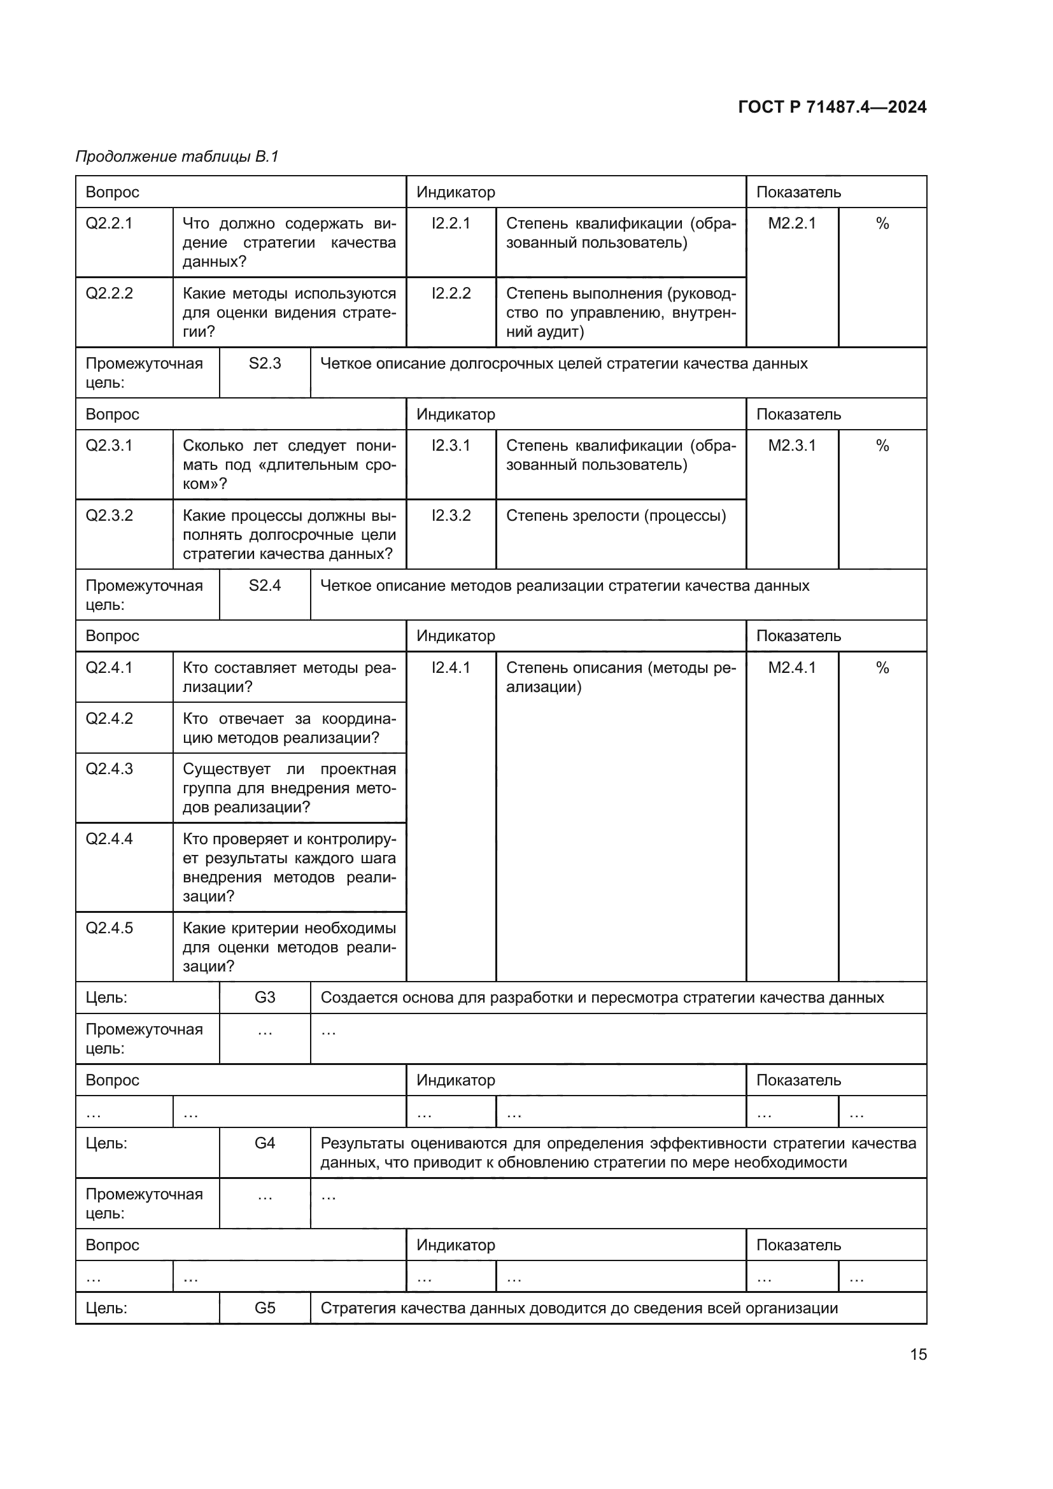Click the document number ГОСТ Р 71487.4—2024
click(x=832, y=107)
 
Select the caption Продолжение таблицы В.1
click(x=177, y=157)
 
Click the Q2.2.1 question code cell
click(x=109, y=223)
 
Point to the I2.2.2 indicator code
click(x=451, y=293)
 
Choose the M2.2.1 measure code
click(x=792, y=223)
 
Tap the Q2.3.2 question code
click(x=109, y=516)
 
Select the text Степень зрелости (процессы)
click(x=616, y=516)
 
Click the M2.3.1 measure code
click(x=792, y=446)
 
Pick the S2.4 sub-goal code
click(x=265, y=586)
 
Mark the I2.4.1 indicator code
click(x=451, y=667)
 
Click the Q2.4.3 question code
click(x=109, y=769)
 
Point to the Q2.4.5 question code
click(x=109, y=928)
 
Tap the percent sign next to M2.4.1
click(x=882, y=667)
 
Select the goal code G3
click(x=265, y=998)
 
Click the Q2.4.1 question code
click(x=109, y=667)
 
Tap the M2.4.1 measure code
click(x=792, y=667)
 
